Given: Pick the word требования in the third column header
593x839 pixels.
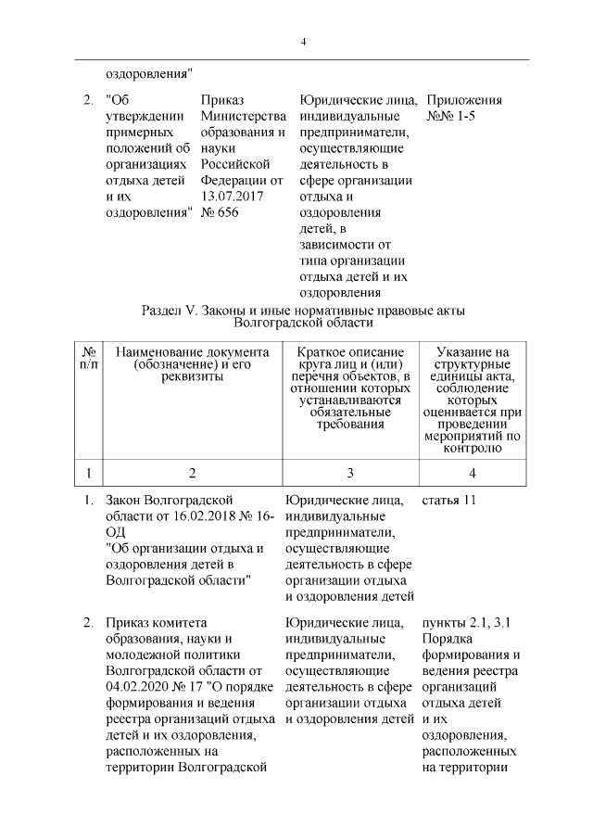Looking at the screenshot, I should (x=349, y=425).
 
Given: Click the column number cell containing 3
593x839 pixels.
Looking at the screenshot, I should (x=349, y=473).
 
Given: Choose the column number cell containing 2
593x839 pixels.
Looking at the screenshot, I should (x=192, y=473).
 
